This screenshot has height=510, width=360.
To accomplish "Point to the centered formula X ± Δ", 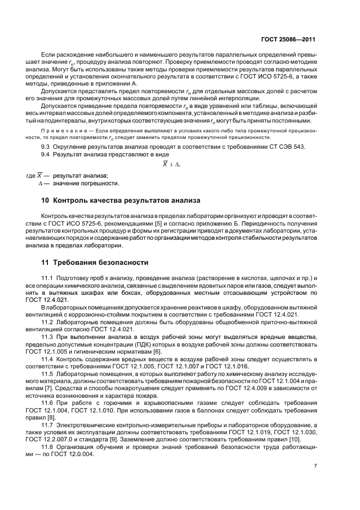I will (x=171, y=164).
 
